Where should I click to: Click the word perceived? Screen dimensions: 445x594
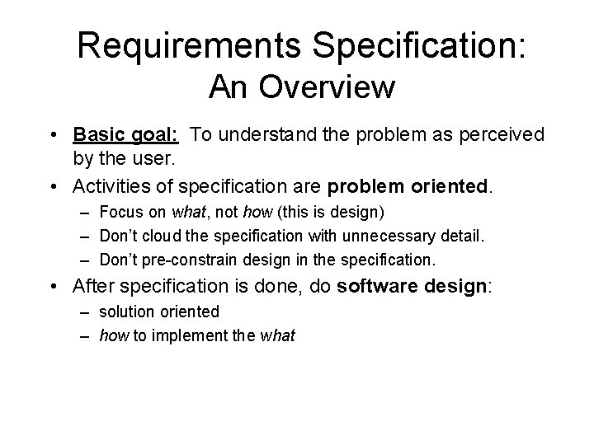click(x=495, y=133)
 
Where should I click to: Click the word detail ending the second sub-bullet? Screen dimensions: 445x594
click(x=461, y=237)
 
